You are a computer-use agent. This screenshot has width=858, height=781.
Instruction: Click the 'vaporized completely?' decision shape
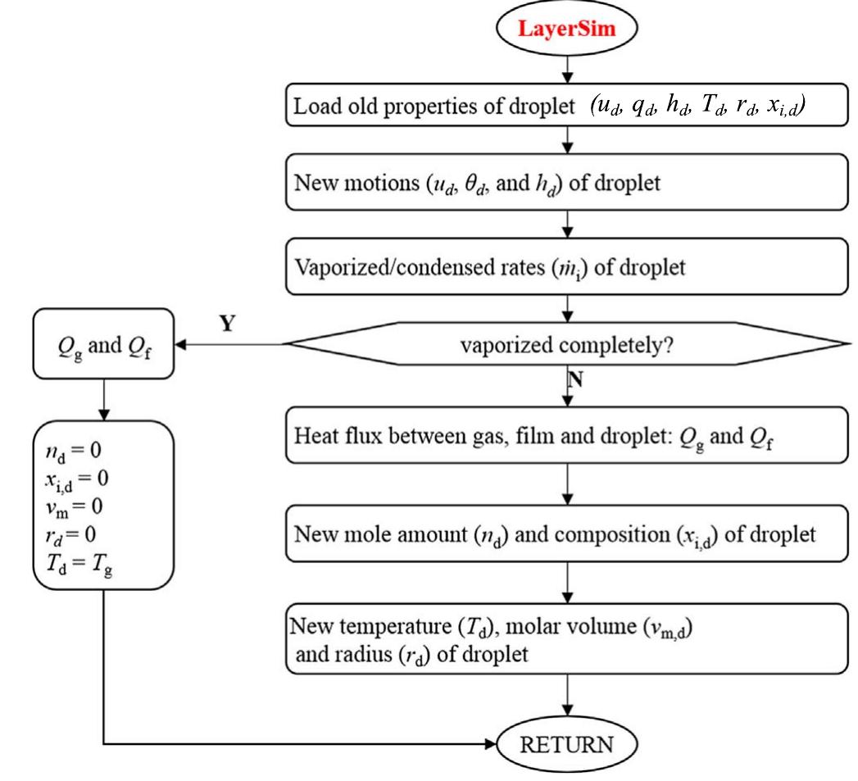point(565,346)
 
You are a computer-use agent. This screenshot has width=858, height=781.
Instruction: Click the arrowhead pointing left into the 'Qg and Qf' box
point(181,346)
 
